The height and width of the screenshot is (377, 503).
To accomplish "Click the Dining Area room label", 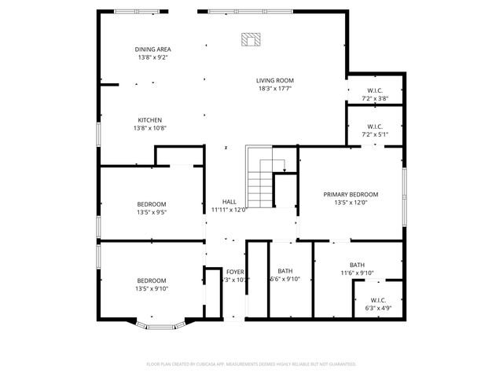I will click(152, 49).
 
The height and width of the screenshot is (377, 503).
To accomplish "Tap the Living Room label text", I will click(275, 80).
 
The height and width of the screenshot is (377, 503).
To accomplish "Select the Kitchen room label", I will click(150, 120).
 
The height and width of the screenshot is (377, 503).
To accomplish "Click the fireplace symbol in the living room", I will click(251, 40).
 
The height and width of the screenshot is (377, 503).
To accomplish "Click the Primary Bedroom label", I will click(351, 194).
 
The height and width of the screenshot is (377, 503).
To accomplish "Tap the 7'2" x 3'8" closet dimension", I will click(374, 99).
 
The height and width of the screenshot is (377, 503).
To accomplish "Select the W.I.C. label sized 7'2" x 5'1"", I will click(375, 126).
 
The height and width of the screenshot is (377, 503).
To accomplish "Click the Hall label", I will click(229, 202).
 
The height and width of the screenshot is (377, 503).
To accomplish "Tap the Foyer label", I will click(235, 272).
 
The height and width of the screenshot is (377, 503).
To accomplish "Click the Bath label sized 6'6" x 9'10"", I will click(285, 272).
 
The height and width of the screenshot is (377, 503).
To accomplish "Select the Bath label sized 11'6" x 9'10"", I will click(357, 265).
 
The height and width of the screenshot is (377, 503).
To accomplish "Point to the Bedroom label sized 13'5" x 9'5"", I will click(152, 204).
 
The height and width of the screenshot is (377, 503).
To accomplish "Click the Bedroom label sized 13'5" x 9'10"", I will click(152, 280).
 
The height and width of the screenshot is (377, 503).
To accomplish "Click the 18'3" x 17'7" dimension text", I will click(275, 88).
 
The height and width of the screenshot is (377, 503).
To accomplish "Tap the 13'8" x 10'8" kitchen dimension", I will click(150, 128).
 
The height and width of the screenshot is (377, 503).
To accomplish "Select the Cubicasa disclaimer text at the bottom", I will click(251, 364).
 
